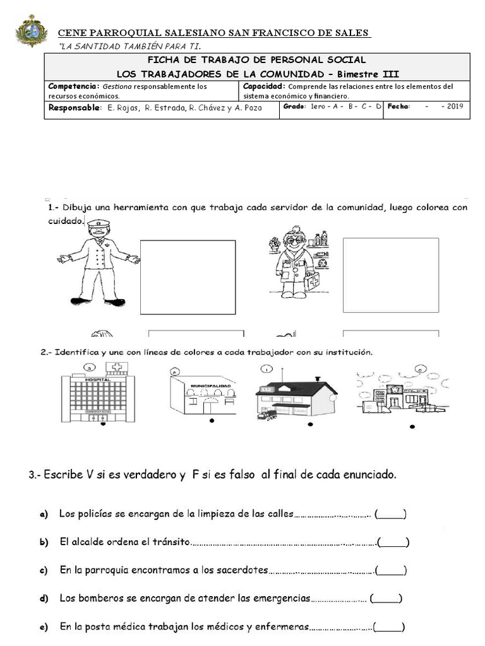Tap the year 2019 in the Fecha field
point(455,107)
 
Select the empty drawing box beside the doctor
point(390,274)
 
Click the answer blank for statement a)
point(390,514)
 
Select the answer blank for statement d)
point(386,598)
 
